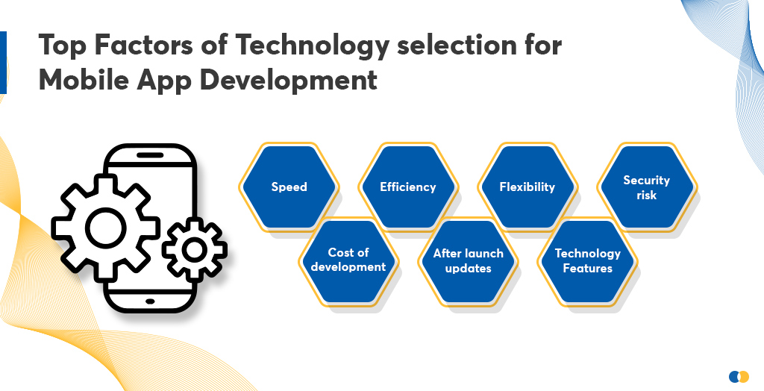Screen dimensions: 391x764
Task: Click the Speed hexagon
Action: pos(289,187)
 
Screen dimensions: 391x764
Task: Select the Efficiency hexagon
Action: pos(407,187)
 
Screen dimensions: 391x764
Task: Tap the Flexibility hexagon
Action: pos(527,187)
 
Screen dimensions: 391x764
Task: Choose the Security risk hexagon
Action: pos(646,187)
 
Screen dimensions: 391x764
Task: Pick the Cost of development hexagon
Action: pos(348,260)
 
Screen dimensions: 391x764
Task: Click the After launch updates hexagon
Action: pos(468,260)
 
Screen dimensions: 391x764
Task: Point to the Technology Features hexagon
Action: pos(587,260)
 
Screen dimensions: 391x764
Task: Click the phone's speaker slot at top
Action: pos(150,158)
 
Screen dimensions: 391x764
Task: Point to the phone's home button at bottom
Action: pos(150,301)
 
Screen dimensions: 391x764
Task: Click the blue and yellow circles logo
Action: pos(738,376)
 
